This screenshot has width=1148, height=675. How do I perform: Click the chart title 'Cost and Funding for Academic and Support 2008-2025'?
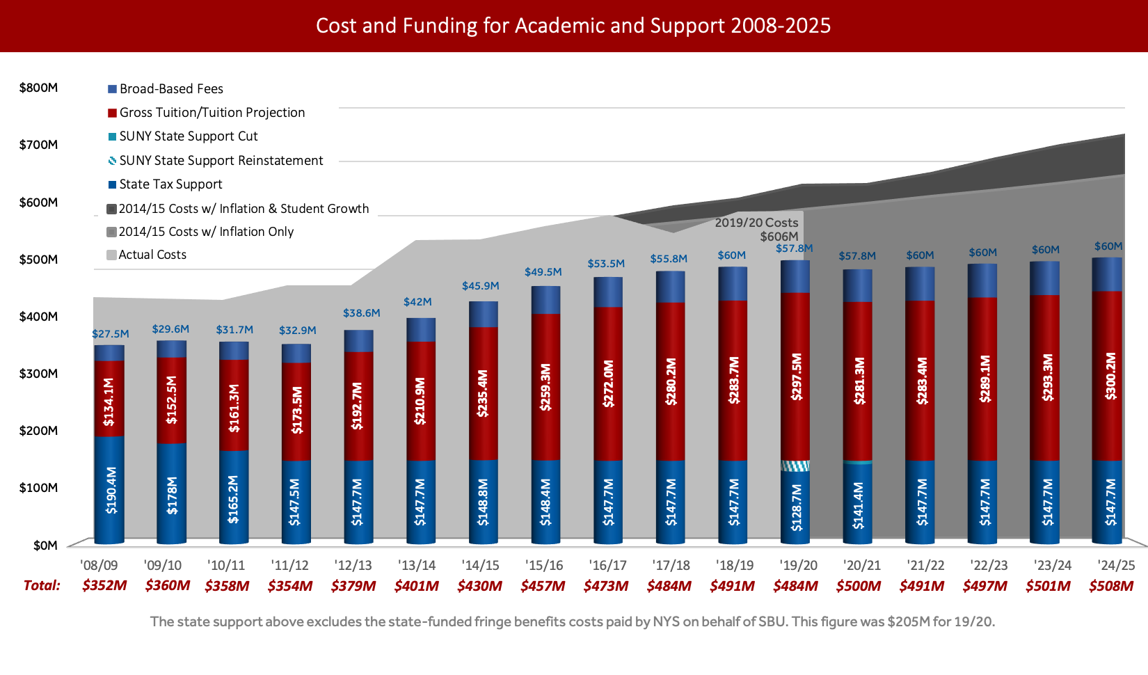573,26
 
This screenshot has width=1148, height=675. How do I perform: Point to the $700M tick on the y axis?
38,145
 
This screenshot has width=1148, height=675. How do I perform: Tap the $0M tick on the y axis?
45,545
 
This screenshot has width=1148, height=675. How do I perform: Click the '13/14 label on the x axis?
417,566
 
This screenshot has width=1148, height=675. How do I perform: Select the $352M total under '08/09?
104,585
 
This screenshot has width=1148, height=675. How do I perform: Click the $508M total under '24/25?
1111,586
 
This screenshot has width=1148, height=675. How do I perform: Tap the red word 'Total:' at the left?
42,585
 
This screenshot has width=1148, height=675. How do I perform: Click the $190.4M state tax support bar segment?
109,489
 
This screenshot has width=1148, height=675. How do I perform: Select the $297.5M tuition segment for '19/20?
795,376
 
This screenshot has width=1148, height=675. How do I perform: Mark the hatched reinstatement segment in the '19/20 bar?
795,466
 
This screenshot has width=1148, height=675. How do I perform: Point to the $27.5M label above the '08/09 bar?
111,334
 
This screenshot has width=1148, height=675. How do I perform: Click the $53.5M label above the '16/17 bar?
606,264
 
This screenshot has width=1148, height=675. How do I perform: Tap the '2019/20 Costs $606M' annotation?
758,230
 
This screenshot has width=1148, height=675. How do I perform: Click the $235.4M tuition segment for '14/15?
484,393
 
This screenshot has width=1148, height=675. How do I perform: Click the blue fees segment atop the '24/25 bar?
1107,275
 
